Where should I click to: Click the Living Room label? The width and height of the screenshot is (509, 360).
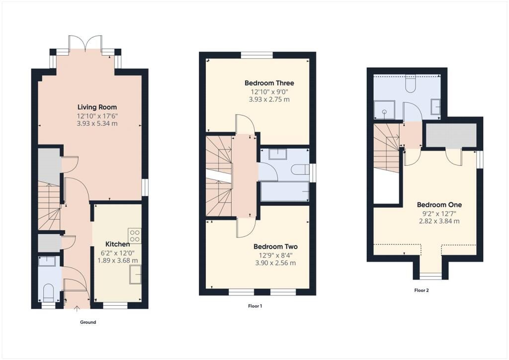click(97, 107)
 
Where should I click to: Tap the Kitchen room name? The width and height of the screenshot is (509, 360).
click(117, 244)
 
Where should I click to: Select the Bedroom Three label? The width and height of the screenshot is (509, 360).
click(269, 83)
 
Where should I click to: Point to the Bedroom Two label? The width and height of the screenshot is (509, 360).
click(275, 247)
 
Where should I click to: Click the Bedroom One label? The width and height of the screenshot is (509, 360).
click(439, 205)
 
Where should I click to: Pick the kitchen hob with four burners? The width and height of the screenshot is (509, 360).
click(135, 236)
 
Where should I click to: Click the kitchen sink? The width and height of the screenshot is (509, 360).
click(135, 274)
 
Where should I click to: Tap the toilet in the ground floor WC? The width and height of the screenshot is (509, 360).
click(49, 292)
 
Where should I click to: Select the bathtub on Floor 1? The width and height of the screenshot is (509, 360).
click(285, 191)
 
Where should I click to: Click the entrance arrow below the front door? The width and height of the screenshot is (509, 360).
click(77, 308)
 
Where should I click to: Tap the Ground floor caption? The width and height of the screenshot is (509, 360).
click(88, 322)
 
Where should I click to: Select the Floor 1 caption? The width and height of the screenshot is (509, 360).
click(255, 306)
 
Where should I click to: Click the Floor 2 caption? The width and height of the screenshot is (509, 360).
click(422, 290)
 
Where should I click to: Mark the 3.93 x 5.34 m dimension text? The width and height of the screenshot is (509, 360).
click(97, 124)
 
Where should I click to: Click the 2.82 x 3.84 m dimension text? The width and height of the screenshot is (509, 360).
click(439, 222)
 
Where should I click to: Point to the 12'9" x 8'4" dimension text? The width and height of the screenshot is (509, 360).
click(275, 255)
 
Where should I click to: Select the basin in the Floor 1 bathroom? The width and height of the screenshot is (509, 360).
click(278, 154)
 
